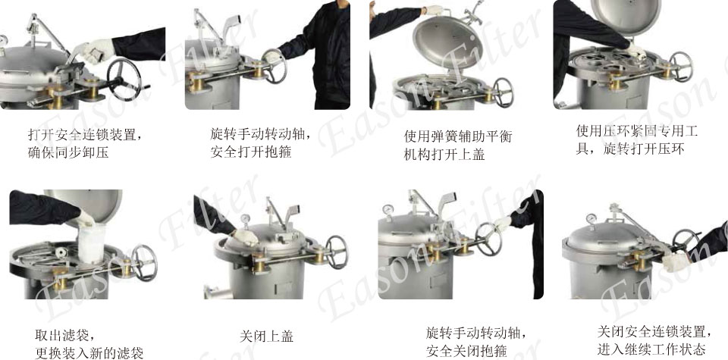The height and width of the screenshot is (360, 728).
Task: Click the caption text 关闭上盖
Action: click(266, 336)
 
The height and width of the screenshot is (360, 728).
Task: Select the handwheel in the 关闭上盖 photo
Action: click(336, 252)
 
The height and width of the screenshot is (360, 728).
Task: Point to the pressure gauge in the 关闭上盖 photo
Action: click(245, 219)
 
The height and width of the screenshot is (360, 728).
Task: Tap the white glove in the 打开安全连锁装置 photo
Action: click(96, 51)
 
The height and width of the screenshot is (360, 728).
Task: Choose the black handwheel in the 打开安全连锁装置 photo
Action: click(124, 79)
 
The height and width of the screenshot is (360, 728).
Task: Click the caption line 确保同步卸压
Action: click(68, 152)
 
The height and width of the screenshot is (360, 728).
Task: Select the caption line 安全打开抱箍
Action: click(251, 152)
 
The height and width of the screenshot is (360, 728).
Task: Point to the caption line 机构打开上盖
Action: click(444, 155)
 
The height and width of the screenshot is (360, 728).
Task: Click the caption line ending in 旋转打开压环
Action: click(630, 149)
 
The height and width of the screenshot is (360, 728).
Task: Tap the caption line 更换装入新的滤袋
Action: click(89, 352)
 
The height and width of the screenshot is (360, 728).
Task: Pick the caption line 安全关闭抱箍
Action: click(466, 350)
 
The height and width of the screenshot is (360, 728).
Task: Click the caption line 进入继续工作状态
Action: click(651, 349)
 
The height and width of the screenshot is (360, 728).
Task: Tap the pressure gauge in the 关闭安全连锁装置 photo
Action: click(591, 219)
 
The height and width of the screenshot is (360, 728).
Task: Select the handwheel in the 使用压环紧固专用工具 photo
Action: click(681, 67)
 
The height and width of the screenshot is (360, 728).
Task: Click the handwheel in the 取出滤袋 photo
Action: click(143, 262)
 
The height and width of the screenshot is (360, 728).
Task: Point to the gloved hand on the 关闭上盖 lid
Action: click(245, 237)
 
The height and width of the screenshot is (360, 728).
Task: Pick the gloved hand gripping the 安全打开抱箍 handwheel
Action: click(272, 58)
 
